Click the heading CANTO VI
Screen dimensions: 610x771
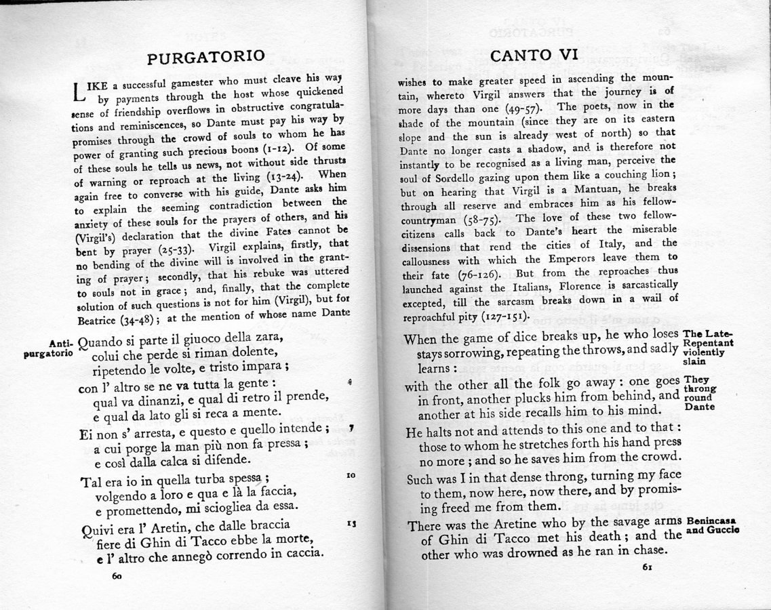click(534, 55)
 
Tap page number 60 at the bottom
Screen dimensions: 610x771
click(117, 577)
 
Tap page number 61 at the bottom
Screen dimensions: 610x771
click(647, 568)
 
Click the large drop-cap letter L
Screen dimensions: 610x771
click(80, 94)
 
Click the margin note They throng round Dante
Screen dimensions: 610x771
click(700, 393)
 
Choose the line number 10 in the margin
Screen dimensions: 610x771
click(351, 476)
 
